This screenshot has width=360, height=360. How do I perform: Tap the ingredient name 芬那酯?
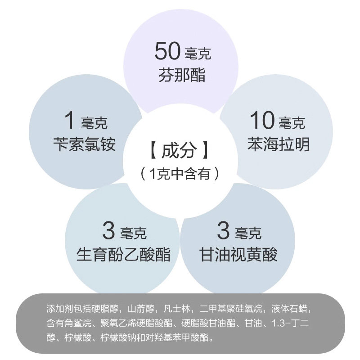[x=182, y=75]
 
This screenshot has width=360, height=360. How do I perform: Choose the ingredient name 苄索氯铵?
[x=84, y=144]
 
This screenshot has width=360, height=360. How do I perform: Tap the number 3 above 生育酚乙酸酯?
[x=109, y=231]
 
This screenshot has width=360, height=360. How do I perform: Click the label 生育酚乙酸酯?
[x=124, y=255]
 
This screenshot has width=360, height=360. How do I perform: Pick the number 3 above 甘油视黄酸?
[x=223, y=231]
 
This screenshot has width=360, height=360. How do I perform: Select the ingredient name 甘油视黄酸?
[x=238, y=255]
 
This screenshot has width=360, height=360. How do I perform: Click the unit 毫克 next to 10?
[x=292, y=122]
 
